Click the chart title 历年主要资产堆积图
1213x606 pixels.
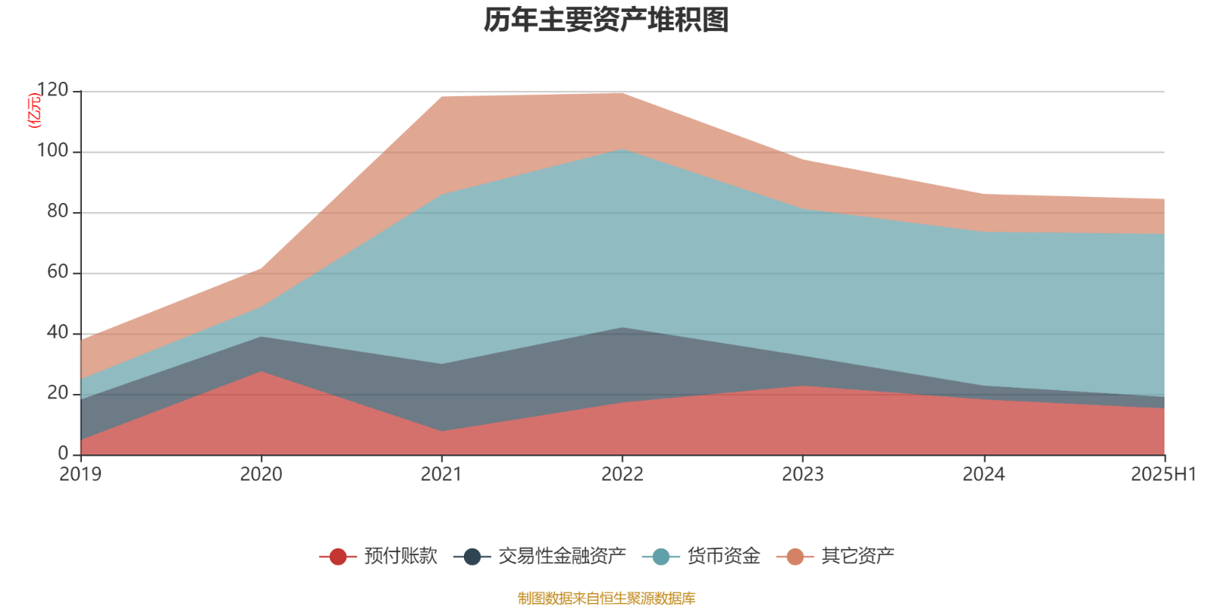pos(606,20)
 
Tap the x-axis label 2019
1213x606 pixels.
pos(80,474)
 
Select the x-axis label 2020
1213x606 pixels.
pos(261,474)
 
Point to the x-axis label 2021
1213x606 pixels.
pos(441,474)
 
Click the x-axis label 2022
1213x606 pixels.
pos(622,474)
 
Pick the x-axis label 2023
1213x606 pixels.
pos(803,474)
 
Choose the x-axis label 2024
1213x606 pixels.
pos(983,474)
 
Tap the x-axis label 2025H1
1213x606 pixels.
pos(1163,474)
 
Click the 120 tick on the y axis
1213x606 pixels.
pos(52,91)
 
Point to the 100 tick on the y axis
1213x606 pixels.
pos(52,151)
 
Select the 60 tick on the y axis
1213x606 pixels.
pos(57,273)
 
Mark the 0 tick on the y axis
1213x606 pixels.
pos(63,454)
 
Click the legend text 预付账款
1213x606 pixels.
pos(400,556)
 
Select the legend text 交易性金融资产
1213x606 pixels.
pos(562,556)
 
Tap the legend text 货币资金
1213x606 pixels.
pos(723,556)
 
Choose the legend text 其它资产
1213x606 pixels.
pos(857,556)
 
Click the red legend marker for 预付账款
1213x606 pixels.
pos(338,557)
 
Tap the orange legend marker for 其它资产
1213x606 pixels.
pos(795,557)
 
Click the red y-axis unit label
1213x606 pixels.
pos(34,111)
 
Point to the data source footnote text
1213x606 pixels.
pos(606,598)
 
